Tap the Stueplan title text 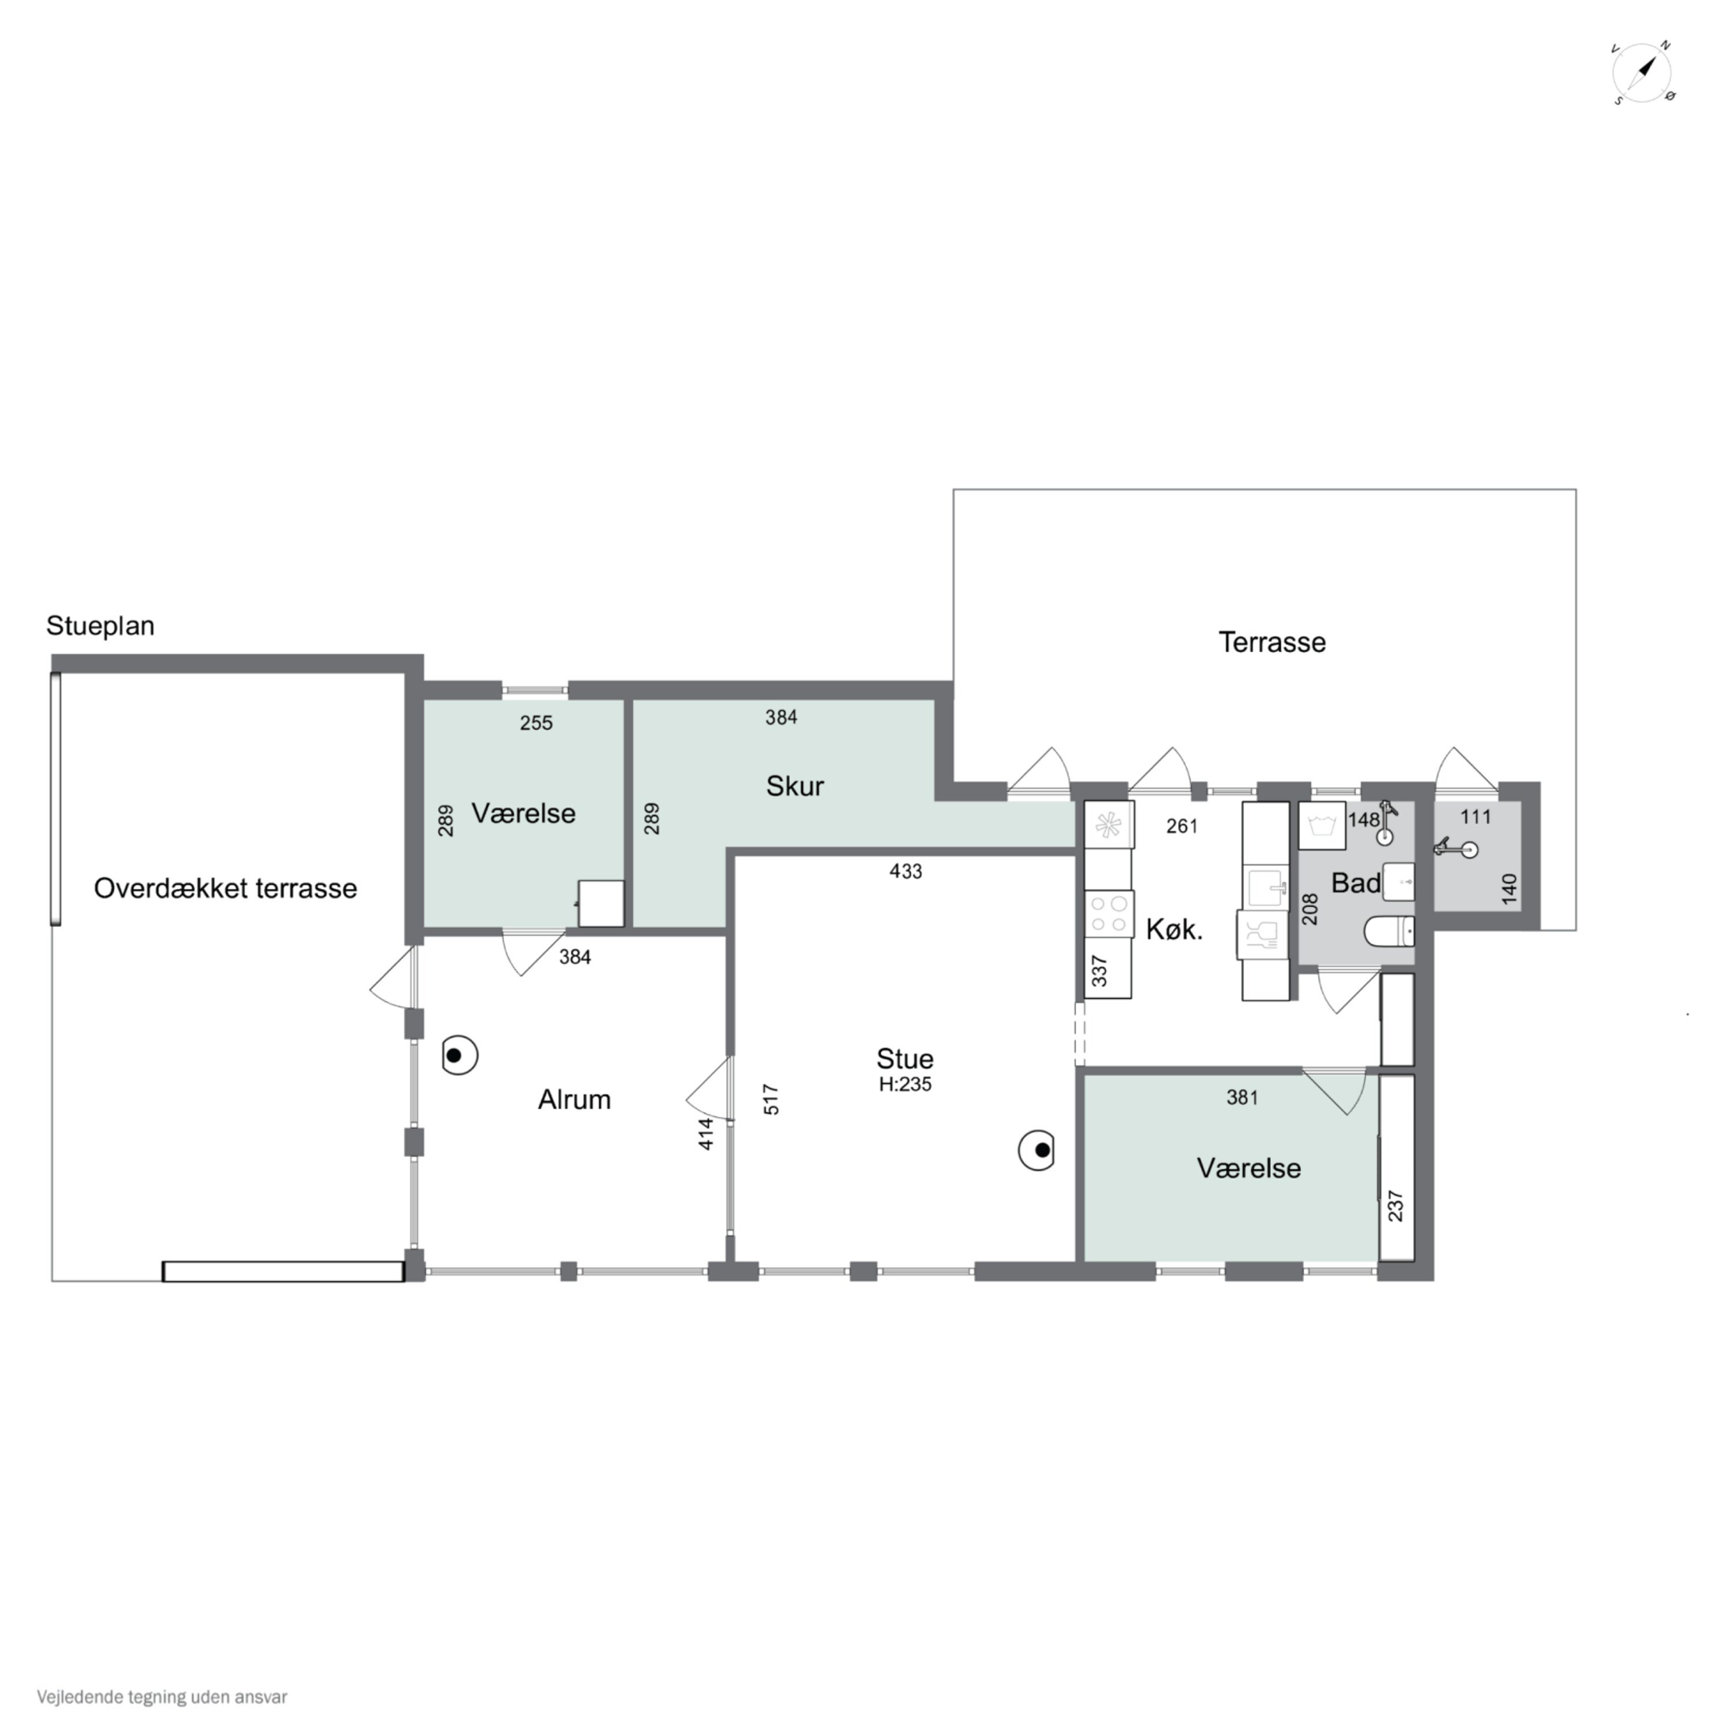[101, 626]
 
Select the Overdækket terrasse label [226, 889]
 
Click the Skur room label [795, 786]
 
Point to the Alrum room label [574, 1099]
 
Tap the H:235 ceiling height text [905, 1084]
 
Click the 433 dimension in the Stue [906, 871]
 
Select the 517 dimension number [771, 1100]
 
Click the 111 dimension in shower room [1476, 816]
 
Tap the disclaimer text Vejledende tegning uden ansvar [162, 1697]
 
